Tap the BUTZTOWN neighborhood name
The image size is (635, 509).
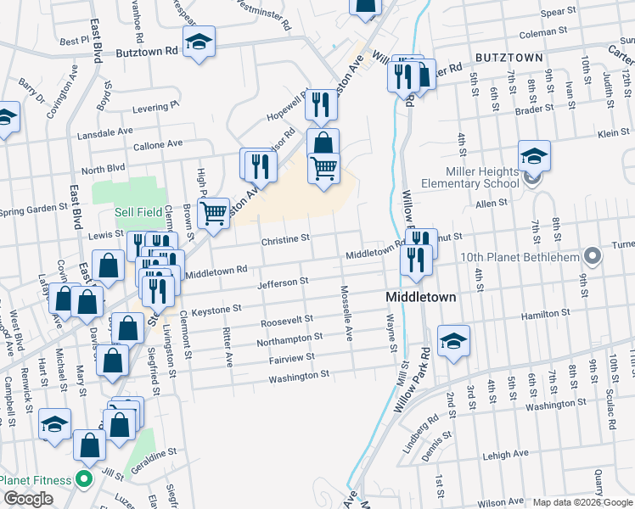click(509, 56)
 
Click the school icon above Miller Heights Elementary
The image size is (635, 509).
click(534, 156)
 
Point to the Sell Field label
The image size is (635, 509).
click(134, 212)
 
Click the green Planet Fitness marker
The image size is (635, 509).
click(83, 480)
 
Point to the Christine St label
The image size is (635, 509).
click(286, 240)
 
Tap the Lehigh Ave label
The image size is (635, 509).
click(501, 456)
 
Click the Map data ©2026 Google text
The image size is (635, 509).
click(582, 502)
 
